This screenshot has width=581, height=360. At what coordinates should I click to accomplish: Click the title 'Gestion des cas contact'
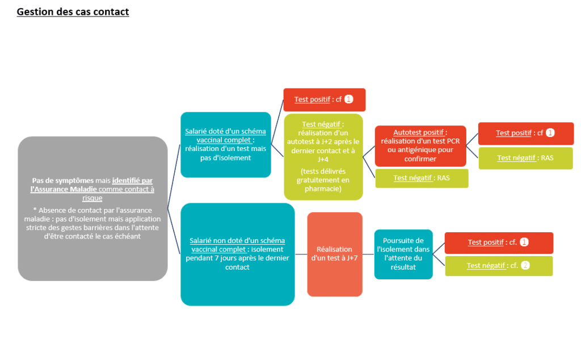pyautogui.click(x=73, y=11)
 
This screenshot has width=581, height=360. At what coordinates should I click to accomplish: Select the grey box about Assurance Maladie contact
pyautogui.click(x=92, y=208)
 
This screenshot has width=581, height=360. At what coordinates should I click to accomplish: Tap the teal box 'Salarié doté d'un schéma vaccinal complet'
pyautogui.click(x=226, y=145)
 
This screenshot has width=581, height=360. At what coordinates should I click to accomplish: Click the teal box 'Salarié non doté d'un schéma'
pyautogui.click(x=238, y=254)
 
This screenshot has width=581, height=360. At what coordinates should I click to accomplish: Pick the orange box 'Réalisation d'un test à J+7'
pyautogui.click(x=335, y=254)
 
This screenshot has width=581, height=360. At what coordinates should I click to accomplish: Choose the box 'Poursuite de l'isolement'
pyautogui.click(x=403, y=254)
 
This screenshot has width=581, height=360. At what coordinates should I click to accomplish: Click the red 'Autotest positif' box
pyautogui.click(x=420, y=146)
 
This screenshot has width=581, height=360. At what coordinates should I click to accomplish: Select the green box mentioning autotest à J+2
pyautogui.click(x=323, y=157)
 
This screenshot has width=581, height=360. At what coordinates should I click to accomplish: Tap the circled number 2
pyautogui.click(x=525, y=266)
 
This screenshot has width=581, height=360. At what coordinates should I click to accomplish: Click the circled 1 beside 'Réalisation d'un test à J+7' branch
pyautogui.click(x=524, y=242)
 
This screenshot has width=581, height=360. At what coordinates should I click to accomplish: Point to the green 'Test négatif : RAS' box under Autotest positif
pyautogui.click(x=422, y=178)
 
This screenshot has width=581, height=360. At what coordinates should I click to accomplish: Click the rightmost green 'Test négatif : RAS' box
pyautogui.click(x=525, y=158)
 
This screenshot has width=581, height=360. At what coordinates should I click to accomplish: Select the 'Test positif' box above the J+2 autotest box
pyautogui.click(x=324, y=100)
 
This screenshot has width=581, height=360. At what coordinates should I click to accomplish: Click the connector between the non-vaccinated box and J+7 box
pyautogui.click(x=301, y=254)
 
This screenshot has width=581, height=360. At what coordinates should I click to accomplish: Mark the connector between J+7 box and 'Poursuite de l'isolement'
pyautogui.click(x=368, y=254)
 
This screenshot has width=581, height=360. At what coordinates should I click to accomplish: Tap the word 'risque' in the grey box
pyautogui.click(x=92, y=198)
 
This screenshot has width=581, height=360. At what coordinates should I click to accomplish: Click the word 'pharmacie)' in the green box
pyautogui.click(x=323, y=189)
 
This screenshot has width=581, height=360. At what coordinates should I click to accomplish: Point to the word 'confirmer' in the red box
pyautogui.click(x=420, y=158)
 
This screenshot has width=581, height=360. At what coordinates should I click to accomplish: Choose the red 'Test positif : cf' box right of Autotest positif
pyautogui.click(x=526, y=133)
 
